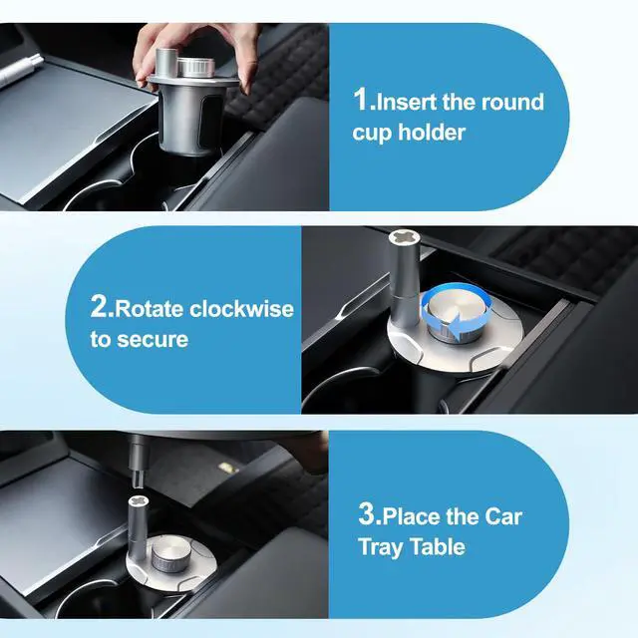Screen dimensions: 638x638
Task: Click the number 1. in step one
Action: click(x=364, y=102)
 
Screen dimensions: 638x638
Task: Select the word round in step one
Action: click(x=508, y=102)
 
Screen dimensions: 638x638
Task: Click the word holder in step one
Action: click(x=433, y=133)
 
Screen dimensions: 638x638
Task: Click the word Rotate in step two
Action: click(x=152, y=308)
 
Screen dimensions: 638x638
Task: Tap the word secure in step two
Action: click(x=152, y=339)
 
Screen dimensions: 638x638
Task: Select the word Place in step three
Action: click(x=414, y=516)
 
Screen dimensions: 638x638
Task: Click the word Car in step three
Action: click(x=502, y=516)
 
